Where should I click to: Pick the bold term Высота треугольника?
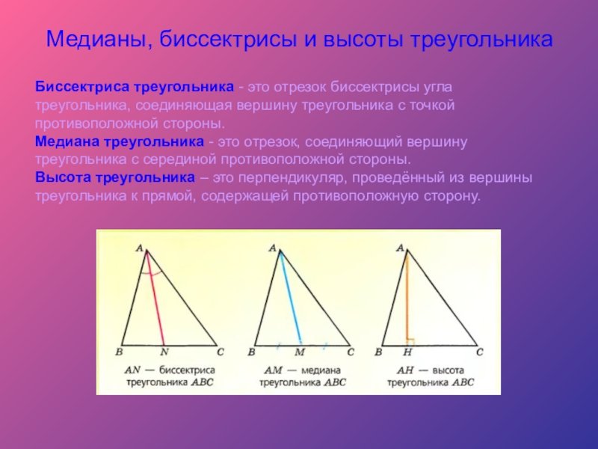tap(115, 178)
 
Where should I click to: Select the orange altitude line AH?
tap(406, 299)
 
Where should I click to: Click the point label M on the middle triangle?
tap(300, 352)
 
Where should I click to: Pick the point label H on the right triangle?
tap(407, 352)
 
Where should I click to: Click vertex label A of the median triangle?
tap(272, 247)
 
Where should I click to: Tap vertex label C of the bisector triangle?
tap(220, 350)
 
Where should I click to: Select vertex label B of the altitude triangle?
tap(379, 352)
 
